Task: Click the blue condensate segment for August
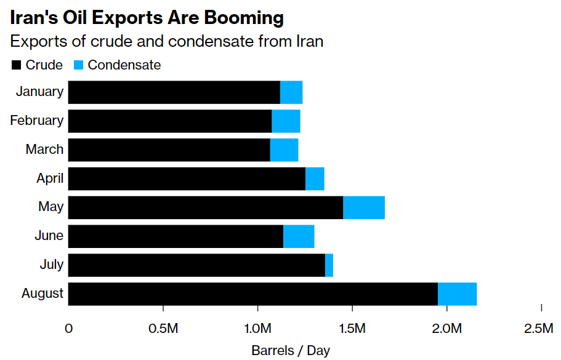[457, 294]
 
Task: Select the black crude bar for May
[205, 207]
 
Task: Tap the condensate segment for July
[329, 265]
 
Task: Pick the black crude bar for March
[169, 150]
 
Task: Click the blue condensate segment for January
[291, 92]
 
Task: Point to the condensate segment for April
[315, 178]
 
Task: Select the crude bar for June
[176, 236]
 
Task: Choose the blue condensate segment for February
[286, 121]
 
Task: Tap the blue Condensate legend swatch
[78, 65]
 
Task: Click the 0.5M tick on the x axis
[163, 329]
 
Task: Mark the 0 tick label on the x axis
[68, 329]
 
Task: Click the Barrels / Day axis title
[290, 351]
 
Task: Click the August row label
[42, 294]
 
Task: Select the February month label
[36, 121]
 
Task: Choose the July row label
[51, 265]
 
